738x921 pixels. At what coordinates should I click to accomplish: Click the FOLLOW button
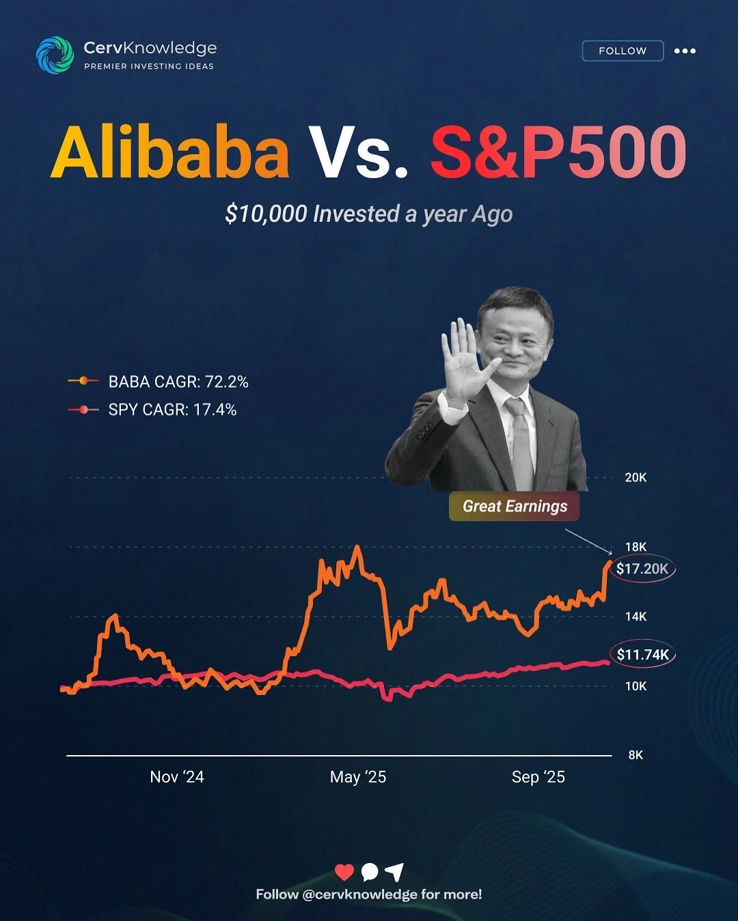coord(623,51)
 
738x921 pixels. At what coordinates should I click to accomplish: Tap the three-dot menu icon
coord(685,51)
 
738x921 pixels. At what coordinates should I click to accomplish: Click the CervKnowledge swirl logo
coord(55,55)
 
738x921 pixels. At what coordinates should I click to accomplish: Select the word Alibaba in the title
coord(170,152)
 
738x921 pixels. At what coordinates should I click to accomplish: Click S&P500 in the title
coord(558,152)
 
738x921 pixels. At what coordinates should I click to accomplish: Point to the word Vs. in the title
coord(359,152)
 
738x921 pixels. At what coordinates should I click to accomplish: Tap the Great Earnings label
coord(515,506)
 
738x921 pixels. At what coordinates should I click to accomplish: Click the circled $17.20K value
coord(642,569)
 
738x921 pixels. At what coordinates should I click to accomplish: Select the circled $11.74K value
coord(642,655)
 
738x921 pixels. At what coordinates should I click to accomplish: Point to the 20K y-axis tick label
coord(635,478)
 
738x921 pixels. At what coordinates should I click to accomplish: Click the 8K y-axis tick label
coord(635,755)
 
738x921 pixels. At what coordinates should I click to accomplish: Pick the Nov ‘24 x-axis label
coord(177,777)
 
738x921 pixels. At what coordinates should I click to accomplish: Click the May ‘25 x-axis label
coord(358,777)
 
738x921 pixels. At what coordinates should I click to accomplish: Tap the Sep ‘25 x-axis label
coord(538,777)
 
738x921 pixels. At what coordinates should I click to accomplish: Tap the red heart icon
coord(344,872)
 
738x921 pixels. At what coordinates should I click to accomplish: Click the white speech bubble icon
coord(370,872)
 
